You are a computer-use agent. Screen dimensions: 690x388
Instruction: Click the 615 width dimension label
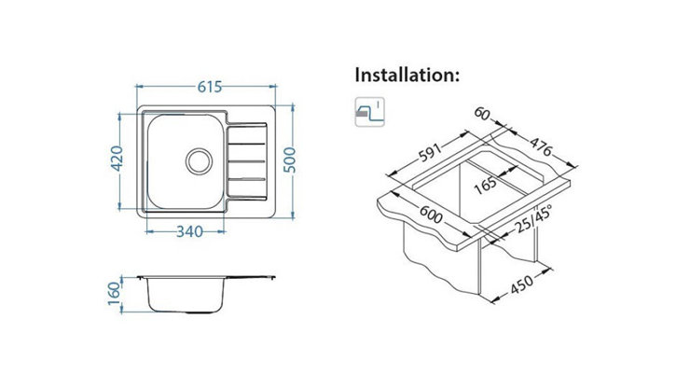210,87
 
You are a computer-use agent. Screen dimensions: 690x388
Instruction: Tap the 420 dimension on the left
117,159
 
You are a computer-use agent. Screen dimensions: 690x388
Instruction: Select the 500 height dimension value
290,160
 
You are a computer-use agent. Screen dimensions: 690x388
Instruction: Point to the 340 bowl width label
189,231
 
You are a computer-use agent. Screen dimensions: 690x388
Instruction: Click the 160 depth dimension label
114,293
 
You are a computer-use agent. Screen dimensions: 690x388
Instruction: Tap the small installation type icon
369,112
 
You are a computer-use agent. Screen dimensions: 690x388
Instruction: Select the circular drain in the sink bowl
199,161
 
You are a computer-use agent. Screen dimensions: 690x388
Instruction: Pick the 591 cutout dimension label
430,153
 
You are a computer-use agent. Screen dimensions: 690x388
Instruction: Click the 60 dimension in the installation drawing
482,114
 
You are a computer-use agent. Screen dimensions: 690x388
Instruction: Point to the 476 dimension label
541,147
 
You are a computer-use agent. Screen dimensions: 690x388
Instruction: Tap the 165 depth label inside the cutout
486,186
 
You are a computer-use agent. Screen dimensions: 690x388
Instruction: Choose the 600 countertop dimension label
431,215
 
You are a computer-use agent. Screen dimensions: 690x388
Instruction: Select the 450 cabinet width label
522,284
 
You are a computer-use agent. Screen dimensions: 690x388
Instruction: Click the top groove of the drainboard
246,144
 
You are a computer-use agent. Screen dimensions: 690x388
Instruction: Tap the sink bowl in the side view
185,295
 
